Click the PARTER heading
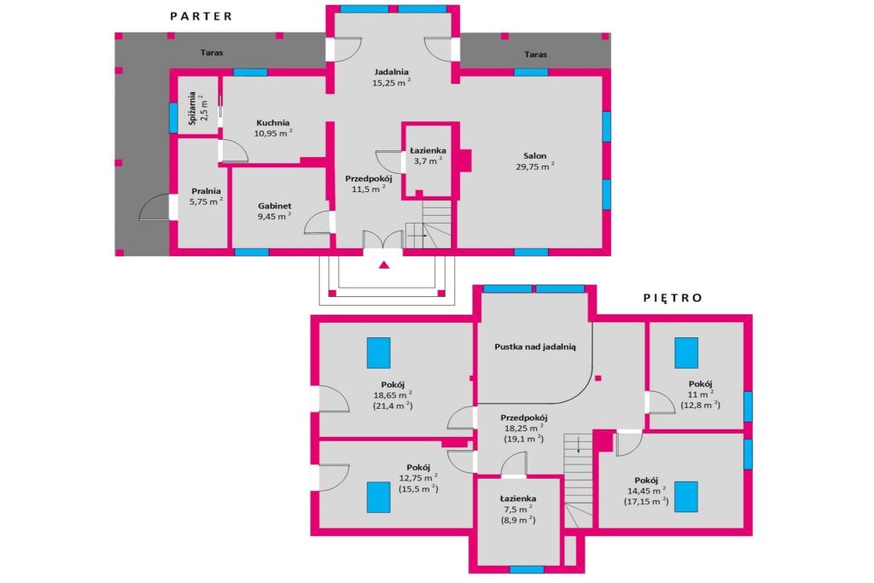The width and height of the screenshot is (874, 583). (x=201, y=16)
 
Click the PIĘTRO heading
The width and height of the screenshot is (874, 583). (x=673, y=298)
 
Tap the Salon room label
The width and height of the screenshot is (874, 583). (x=534, y=156)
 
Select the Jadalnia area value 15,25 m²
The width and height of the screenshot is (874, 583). (x=391, y=83)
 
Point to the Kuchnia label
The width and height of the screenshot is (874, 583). (x=273, y=123)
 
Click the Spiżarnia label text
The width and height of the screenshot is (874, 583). (x=192, y=108)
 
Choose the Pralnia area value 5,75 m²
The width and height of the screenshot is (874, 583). (x=207, y=201)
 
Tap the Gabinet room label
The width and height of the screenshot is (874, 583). (x=274, y=206)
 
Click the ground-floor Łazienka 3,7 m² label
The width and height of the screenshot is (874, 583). (x=428, y=155)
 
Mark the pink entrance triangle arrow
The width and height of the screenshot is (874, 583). (x=383, y=265)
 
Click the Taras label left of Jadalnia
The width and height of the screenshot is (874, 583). (x=212, y=52)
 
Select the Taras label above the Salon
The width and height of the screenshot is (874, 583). (x=535, y=54)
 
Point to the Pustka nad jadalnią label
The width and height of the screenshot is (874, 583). (x=535, y=347)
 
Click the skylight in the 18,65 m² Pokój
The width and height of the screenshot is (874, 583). (x=378, y=353)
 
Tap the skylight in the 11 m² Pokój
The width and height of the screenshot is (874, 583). (x=686, y=353)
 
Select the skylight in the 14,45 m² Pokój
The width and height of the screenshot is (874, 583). (x=686, y=497)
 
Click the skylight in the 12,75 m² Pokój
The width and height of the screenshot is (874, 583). (x=378, y=497)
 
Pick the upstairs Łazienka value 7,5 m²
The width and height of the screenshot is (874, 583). (x=518, y=510)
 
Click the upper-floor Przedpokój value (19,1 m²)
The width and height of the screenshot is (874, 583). (x=524, y=439)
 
